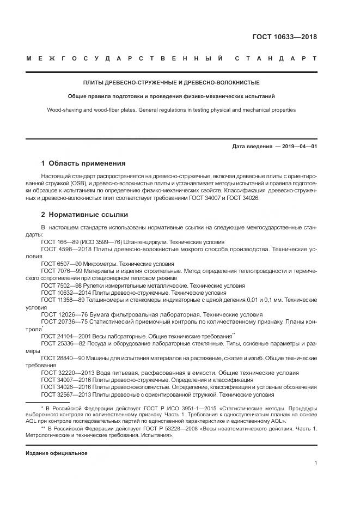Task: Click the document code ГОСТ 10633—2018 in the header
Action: coord(284,37)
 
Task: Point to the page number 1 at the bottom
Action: coord(316,463)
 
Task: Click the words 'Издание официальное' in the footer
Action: coord(57,453)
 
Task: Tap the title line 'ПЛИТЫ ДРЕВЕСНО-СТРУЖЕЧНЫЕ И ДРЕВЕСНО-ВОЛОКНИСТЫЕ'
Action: coord(170,83)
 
